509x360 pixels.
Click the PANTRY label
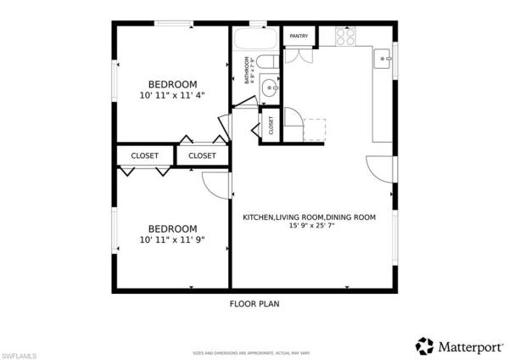[x=299, y=36]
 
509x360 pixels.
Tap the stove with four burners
[x=346, y=37]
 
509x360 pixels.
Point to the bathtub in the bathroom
[x=254, y=38]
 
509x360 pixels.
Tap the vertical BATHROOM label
[x=248, y=70]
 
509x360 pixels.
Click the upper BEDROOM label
[x=172, y=83]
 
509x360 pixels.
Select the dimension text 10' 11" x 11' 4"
[x=172, y=95]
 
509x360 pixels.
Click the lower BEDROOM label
[x=172, y=228]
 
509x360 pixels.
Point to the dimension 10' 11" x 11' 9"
[x=172, y=240]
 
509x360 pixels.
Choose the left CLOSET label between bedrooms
[x=145, y=155]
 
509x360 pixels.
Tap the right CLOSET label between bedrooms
[x=202, y=155]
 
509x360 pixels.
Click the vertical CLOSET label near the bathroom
[x=271, y=126]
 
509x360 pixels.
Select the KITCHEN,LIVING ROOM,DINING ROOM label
[x=309, y=217]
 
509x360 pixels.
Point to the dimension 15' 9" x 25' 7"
[x=309, y=227]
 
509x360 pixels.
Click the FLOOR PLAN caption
[x=255, y=303]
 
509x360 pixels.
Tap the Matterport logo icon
[x=424, y=346]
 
